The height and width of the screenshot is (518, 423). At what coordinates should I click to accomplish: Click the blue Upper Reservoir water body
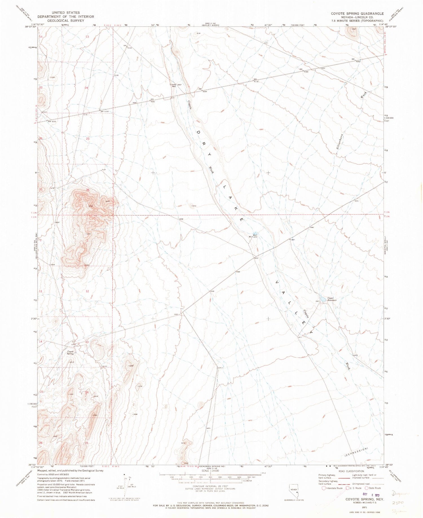click(x=322, y=299)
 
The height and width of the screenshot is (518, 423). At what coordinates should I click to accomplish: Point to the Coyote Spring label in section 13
click(x=70, y=352)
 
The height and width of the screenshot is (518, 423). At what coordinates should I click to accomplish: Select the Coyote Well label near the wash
click(x=172, y=85)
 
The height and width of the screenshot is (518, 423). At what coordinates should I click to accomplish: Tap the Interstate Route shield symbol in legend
click(x=323, y=488)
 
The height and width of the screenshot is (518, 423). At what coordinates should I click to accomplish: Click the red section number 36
click(x=88, y=190)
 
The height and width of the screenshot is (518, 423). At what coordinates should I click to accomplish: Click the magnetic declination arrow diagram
click(x=126, y=485)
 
